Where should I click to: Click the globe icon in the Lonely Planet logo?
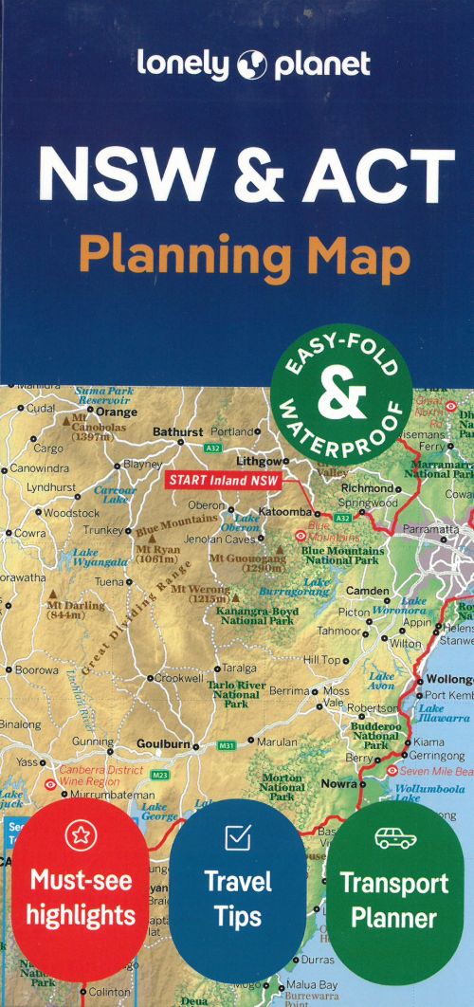253,64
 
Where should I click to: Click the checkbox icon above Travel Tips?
237,837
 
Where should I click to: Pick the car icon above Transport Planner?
393,837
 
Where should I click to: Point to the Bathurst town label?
178,432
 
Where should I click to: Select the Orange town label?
118,412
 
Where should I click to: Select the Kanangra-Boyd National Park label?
255,615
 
